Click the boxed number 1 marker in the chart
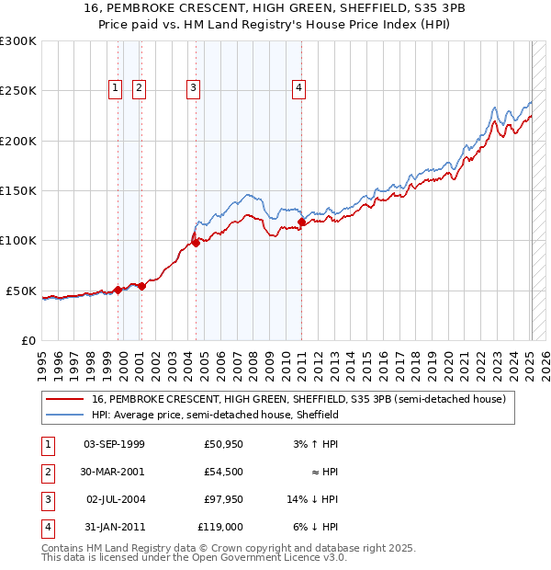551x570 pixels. pos(116,88)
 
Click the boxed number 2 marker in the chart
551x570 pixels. pos(139,88)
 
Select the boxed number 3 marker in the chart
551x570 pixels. pos(194,88)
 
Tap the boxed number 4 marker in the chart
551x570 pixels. pos(299,88)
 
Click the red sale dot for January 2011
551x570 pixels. pos(302,222)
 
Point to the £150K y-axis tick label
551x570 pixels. pos(17,190)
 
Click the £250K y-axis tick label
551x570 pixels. pos(17,91)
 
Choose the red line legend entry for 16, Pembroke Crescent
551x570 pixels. pos(298,400)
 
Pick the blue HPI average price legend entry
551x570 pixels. pos(215,416)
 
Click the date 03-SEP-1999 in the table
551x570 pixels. pos(114,444)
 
